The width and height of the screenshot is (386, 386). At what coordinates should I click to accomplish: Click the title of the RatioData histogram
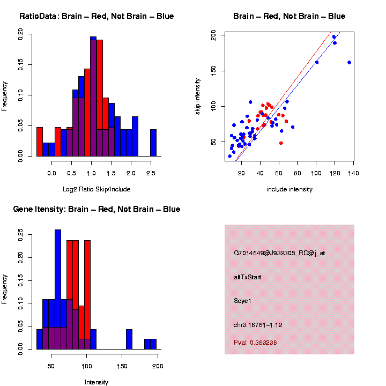tap(96, 16)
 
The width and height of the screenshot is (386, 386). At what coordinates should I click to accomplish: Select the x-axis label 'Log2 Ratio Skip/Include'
tap(96, 189)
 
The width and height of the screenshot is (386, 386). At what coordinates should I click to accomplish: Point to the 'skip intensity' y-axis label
tap(198, 97)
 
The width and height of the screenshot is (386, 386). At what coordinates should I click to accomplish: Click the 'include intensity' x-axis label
tap(289, 189)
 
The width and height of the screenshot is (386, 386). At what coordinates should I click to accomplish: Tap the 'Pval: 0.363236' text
tap(255, 343)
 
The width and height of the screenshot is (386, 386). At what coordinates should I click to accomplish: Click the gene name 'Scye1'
tap(243, 301)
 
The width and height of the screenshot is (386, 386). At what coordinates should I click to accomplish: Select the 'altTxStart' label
tap(248, 277)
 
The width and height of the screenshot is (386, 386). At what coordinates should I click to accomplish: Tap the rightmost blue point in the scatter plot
tap(349, 62)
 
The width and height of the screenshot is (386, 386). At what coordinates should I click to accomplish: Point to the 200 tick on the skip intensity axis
tap(213, 35)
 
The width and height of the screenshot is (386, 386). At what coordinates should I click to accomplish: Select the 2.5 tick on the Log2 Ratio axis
tap(151, 173)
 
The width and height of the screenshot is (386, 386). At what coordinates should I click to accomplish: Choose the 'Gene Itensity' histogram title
tap(96, 209)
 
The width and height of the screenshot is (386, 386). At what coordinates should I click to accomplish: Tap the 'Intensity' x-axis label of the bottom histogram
tap(96, 382)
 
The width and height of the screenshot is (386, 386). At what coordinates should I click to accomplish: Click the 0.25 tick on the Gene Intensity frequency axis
tap(20, 234)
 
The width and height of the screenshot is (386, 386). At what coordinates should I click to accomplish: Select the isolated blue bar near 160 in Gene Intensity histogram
tap(129, 339)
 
